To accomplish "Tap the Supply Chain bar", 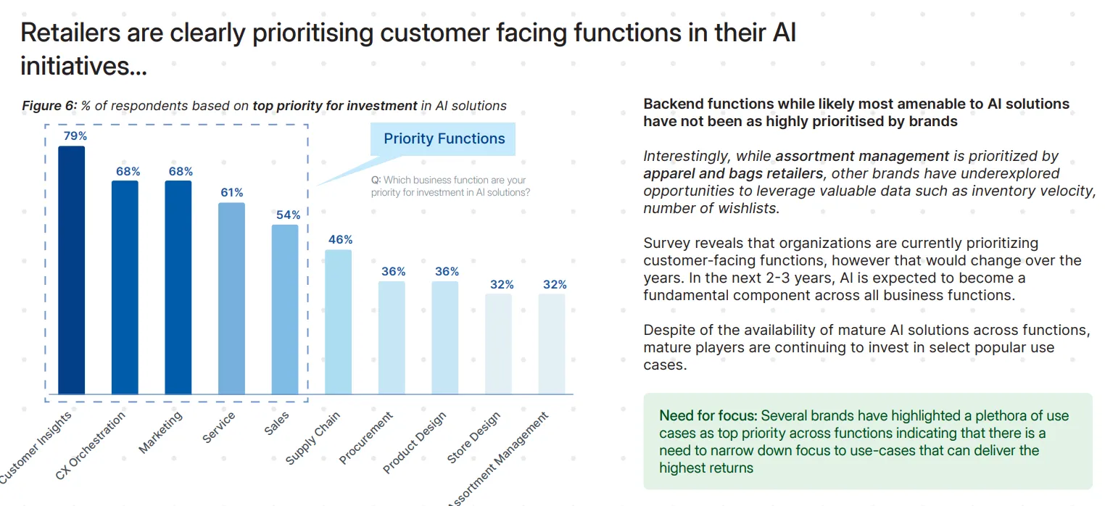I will pyautogui.click(x=338, y=322).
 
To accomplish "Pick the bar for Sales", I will pyautogui.click(x=285, y=310).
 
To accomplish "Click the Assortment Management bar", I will pyautogui.click(x=552, y=344).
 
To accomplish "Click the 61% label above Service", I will pyautogui.click(x=232, y=193).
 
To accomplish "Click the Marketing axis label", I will pyautogui.click(x=161, y=432).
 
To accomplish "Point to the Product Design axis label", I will pyautogui.click(x=415, y=442).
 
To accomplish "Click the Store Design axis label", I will pyautogui.click(x=473, y=439).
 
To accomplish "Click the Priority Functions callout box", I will pyautogui.click(x=444, y=139).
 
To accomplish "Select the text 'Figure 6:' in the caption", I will pyautogui.click(x=49, y=106).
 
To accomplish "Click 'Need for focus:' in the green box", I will pyautogui.click(x=707, y=416).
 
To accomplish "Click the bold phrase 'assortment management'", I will pyautogui.click(x=862, y=156).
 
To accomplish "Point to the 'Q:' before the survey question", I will pyautogui.click(x=376, y=181).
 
